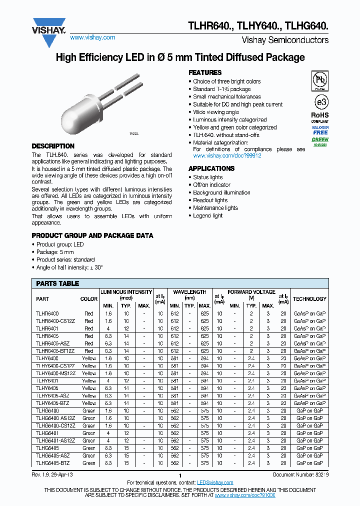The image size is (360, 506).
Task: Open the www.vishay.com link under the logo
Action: (x=92, y=37)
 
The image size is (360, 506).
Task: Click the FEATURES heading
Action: (x=205, y=72)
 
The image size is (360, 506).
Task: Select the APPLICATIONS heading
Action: (x=211, y=168)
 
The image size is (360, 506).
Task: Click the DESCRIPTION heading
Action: (x=53, y=146)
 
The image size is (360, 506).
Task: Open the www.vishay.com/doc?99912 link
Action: (x=227, y=156)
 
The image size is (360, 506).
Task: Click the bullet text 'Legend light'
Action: (x=208, y=215)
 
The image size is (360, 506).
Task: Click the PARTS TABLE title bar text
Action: (x=57, y=283)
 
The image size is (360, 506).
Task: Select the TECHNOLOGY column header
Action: (x=309, y=299)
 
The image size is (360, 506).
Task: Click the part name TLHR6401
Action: (x=47, y=328)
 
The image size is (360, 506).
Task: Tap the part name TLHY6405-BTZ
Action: (x=52, y=403)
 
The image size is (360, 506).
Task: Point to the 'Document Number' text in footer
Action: (x=292, y=475)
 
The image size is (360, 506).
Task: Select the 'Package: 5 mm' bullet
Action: (x=54, y=252)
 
